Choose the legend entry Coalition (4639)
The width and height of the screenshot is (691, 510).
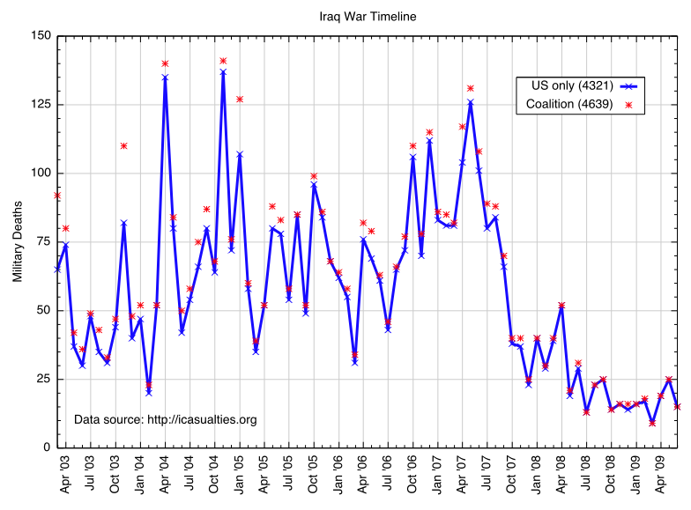pyautogui.click(x=569, y=105)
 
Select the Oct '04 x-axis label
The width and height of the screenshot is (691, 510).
pyautogui.click(x=215, y=476)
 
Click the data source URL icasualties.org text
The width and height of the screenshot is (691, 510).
pyautogui.click(x=166, y=419)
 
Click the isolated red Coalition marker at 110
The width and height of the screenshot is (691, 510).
pyautogui.click(x=123, y=145)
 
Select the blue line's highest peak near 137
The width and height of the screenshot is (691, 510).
pyautogui.click(x=223, y=71)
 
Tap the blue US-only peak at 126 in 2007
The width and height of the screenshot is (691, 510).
pyautogui.click(x=471, y=102)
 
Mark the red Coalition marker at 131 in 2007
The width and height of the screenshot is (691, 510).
pyautogui.click(x=471, y=88)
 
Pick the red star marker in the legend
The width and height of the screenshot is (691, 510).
pyautogui.click(x=629, y=105)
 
